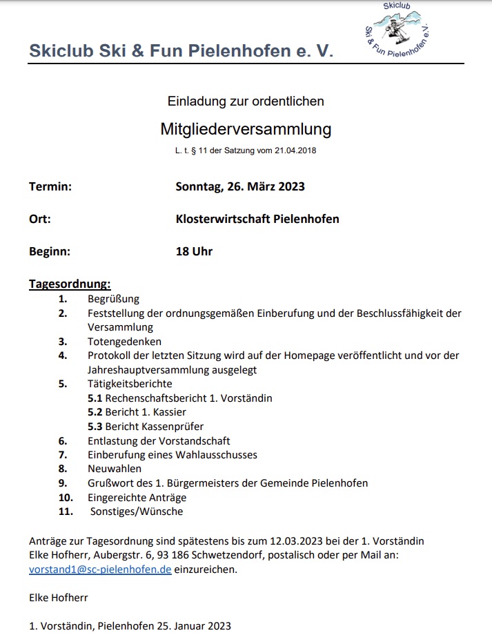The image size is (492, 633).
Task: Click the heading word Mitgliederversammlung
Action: click(x=246, y=129)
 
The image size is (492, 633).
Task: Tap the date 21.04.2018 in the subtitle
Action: click(x=295, y=150)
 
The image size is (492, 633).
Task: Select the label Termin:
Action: click(x=50, y=186)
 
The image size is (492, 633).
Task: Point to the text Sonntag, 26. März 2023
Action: click(x=240, y=186)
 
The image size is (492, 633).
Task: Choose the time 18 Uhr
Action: click(x=194, y=251)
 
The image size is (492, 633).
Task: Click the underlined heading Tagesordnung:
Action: click(x=70, y=284)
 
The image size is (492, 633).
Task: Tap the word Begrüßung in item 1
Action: click(x=113, y=299)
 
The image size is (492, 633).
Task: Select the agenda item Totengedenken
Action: click(x=124, y=341)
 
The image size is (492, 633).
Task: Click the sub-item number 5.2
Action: click(x=95, y=411)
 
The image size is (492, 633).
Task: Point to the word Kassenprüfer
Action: click(x=173, y=426)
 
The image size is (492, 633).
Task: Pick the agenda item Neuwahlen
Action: click(x=115, y=469)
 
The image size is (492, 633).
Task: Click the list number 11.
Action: click(x=66, y=512)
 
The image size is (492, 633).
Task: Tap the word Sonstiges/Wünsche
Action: click(x=137, y=512)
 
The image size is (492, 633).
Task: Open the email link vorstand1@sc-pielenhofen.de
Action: click(x=100, y=570)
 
